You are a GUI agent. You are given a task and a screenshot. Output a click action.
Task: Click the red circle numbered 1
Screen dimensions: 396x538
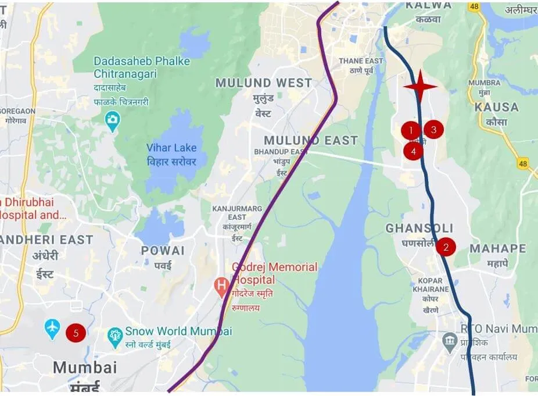pos(411,130)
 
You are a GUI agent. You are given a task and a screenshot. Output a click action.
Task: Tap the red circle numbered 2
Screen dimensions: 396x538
pos(446,247)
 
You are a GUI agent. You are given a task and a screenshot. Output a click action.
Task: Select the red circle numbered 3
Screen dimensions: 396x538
pos(433,129)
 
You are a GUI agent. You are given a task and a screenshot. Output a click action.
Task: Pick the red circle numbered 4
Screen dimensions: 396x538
pos(413,151)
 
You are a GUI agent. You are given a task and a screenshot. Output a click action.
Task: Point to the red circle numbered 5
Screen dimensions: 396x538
pos(76,333)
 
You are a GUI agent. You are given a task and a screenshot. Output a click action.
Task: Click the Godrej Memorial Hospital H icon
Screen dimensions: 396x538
pos(221,286)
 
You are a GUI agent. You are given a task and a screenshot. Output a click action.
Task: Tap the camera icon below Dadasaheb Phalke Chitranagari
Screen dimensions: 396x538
pos(112,120)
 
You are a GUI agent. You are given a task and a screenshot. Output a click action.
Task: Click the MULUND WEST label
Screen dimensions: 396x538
pos(264,83)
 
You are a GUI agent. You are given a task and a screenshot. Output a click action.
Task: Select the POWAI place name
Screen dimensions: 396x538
pos(163,251)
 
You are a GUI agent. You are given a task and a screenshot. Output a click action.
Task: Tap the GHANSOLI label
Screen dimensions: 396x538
pos(419,229)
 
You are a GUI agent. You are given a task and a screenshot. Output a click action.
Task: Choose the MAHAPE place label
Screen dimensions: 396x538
pos(497,248)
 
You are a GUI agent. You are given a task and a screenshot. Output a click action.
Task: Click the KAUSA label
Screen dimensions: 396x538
pos(496,107)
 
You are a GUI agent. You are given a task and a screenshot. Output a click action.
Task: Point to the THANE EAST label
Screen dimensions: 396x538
pos(361,61)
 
